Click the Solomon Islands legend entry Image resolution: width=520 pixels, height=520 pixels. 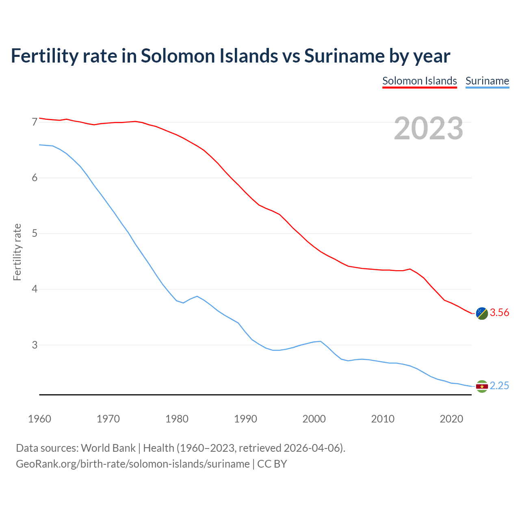[420, 81]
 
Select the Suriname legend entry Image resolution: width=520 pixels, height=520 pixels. [487, 81]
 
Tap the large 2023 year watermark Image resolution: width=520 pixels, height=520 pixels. [429, 128]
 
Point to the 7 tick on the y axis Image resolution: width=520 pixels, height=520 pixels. [35, 122]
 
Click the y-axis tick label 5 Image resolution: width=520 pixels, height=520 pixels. [35, 233]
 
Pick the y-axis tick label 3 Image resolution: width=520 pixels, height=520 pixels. [35, 345]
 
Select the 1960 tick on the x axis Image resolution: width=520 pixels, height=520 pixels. [39, 419]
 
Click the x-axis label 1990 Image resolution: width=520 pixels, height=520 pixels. [245, 419]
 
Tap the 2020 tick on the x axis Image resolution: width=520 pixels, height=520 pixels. [451, 419]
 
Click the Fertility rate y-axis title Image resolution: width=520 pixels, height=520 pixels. [17, 252]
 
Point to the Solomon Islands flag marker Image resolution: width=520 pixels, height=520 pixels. [482, 313]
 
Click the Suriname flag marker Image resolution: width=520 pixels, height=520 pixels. [482, 386]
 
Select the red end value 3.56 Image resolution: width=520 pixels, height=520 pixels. [499, 312]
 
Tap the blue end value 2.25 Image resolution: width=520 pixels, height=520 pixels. [499, 386]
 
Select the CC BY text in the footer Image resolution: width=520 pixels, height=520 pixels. [272, 464]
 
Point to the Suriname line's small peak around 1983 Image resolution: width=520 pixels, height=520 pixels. [197, 296]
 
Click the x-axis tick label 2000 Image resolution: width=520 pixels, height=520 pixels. [314, 419]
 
